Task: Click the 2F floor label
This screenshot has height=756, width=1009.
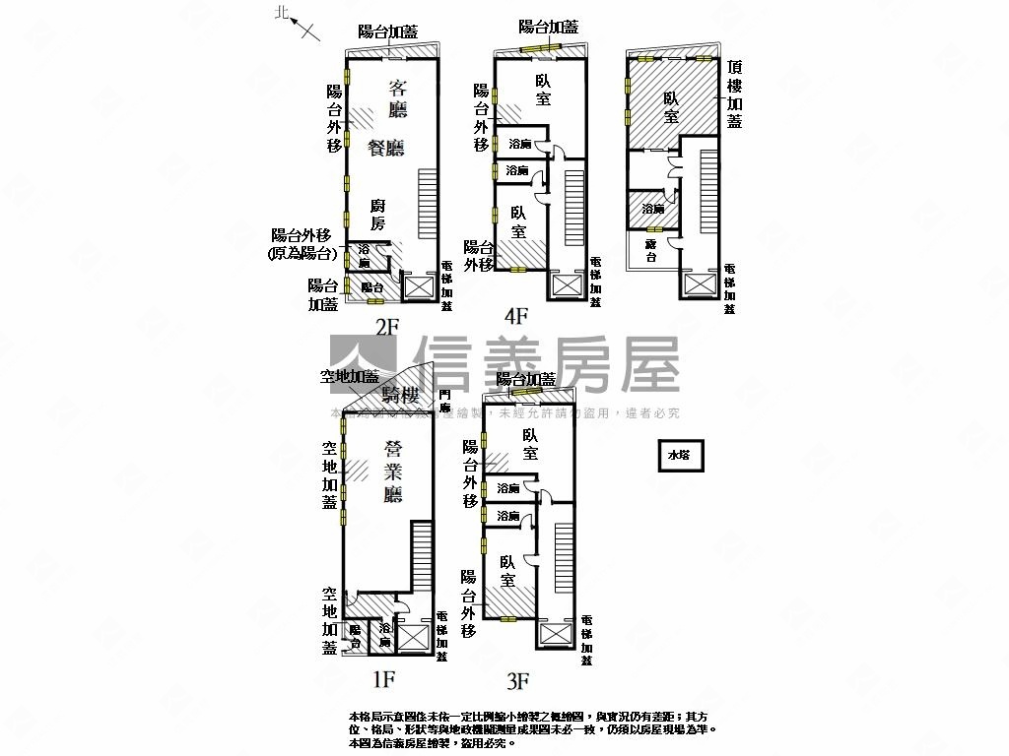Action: click(x=385, y=327)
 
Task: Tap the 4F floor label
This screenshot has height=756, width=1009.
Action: click(x=516, y=316)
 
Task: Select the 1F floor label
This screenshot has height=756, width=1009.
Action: click(x=383, y=678)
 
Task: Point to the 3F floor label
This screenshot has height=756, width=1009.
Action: click(x=518, y=679)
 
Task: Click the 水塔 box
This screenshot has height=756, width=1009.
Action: click(x=680, y=456)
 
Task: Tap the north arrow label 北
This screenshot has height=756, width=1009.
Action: click(x=283, y=13)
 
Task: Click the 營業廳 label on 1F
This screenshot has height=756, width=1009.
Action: click(x=393, y=470)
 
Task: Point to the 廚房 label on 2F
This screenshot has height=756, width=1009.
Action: click(x=377, y=215)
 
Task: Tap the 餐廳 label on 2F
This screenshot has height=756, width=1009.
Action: click(x=386, y=148)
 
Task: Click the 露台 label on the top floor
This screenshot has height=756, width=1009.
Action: click(x=650, y=250)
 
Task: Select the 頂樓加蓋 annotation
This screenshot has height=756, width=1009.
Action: click(x=734, y=94)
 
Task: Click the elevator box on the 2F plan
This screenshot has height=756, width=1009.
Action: click(x=419, y=286)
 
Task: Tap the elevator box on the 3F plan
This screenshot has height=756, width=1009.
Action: click(x=558, y=635)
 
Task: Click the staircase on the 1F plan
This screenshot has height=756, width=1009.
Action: click(x=421, y=557)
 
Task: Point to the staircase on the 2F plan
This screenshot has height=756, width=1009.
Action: click(x=428, y=201)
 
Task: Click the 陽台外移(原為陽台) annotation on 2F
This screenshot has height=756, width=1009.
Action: click(x=303, y=245)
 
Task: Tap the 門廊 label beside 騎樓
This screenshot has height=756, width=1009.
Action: click(x=444, y=401)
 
